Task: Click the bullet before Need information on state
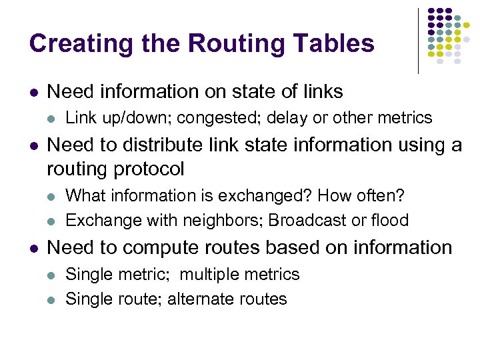(34, 92)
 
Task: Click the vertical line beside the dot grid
(418, 40)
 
